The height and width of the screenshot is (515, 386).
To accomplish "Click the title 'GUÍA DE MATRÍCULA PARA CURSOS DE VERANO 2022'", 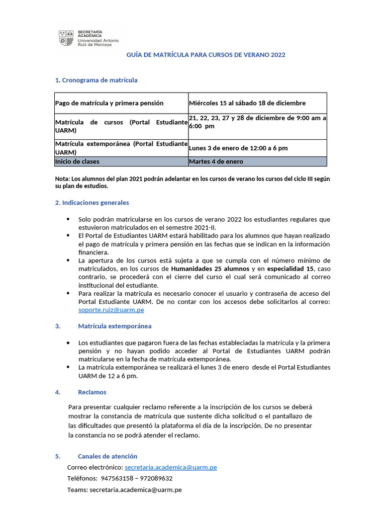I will (205, 54).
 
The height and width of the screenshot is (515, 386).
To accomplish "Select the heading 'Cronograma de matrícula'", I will (100, 80).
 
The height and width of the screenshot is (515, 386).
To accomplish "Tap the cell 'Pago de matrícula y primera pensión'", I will (109, 103).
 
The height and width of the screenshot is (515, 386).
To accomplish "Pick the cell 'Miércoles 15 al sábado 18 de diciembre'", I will (247, 103).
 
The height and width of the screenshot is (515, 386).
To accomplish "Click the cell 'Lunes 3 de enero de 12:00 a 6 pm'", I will (238, 148).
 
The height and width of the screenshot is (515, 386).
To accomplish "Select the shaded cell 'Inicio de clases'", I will (77, 161).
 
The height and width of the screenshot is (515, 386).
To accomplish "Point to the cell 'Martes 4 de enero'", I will (216, 161).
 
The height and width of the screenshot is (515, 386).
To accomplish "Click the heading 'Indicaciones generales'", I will (95, 203).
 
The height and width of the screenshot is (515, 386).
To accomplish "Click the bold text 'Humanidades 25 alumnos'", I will (207, 269).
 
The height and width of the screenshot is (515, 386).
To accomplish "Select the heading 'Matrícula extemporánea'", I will (115, 326).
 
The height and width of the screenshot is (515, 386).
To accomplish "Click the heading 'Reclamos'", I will (92, 392).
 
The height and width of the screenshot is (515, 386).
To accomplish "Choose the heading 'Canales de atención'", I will (108, 456).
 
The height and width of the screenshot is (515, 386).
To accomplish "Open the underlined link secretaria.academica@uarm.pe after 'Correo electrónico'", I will (170, 467).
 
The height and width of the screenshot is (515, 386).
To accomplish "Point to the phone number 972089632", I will (156, 478).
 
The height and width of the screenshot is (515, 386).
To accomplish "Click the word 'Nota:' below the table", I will (62, 179).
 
